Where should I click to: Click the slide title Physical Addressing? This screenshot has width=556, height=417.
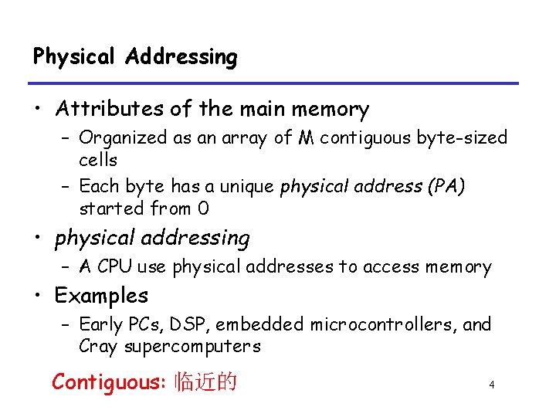pyautogui.click(x=135, y=57)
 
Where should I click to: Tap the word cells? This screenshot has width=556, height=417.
pyautogui.click(x=98, y=160)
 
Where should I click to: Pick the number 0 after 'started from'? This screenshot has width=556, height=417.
pyautogui.click(x=203, y=208)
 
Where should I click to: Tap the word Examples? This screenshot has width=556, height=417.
pyautogui.click(x=101, y=296)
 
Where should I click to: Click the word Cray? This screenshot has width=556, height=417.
pyautogui.click(x=97, y=347)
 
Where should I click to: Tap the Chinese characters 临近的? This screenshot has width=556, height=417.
pyautogui.click(x=206, y=381)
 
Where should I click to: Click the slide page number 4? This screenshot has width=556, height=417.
pyautogui.click(x=491, y=385)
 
